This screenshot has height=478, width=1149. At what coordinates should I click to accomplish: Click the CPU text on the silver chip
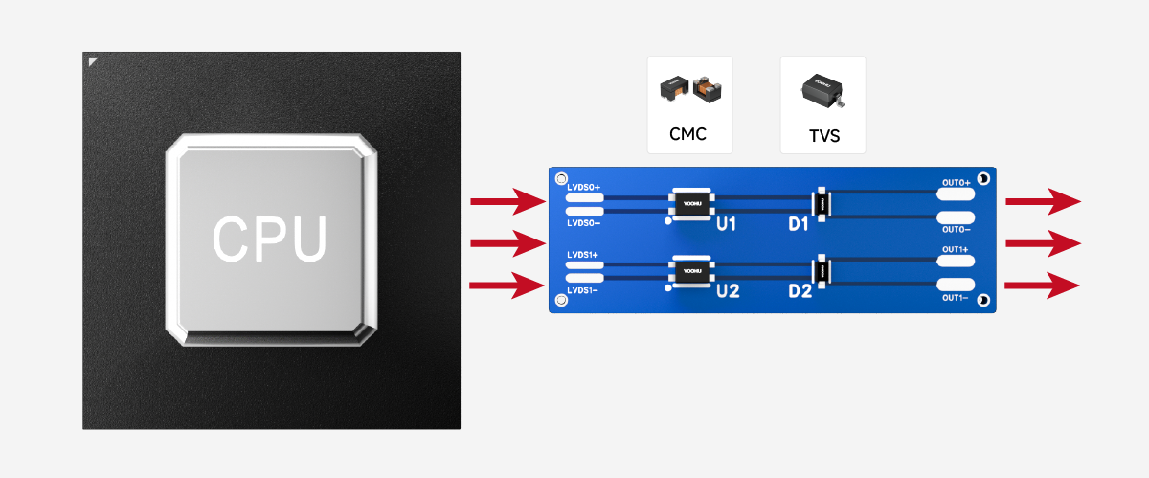coord(269,239)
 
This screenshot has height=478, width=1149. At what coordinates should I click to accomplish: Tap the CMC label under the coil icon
coord(687,134)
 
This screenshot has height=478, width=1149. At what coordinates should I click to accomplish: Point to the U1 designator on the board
coord(726,224)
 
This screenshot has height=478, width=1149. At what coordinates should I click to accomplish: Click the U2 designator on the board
coord(728,291)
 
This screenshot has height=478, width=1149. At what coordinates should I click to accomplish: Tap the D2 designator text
coord(800,291)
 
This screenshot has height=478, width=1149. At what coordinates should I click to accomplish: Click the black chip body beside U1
coord(691,203)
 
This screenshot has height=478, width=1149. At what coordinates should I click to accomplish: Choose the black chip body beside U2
coord(691,272)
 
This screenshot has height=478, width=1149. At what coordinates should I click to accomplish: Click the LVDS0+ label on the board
coord(583,186)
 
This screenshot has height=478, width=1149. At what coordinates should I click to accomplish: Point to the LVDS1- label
coord(582,290)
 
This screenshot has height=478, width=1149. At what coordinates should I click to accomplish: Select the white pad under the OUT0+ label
coord(955,194)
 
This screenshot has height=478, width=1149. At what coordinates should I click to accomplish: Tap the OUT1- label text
coord(956,299)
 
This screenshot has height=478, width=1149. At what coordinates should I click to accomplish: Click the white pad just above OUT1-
coord(955,285)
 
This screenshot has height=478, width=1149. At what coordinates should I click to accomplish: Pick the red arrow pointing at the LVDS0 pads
coord(507,202)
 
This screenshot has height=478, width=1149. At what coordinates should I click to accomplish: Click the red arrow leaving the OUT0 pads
coord(1043,202)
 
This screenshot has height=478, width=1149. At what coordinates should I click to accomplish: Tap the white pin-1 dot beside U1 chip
coord(669,220)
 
